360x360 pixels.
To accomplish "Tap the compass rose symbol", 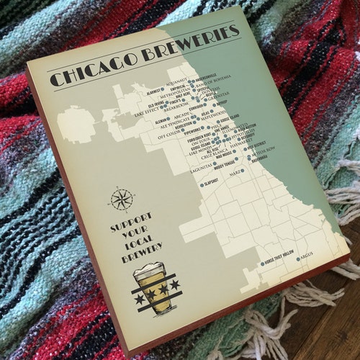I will (x=120, y=198).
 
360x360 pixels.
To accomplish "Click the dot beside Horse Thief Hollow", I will (x=261, y=264).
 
